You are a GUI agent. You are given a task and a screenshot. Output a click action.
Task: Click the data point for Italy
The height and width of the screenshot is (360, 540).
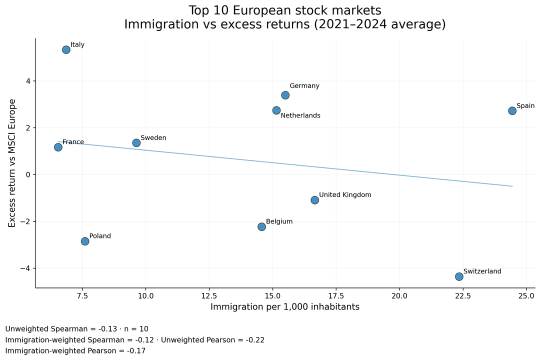[x=66, y=49]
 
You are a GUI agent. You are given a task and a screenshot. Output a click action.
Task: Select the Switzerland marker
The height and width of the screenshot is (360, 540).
[x=459, y=276]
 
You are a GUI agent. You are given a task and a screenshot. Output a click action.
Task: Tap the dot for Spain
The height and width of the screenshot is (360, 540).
[x=512, y=110]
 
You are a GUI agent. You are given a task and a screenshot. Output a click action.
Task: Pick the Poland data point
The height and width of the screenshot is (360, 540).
[x=85, y=241]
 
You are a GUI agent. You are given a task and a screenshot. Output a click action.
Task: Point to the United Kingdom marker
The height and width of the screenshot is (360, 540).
[x=314, y=200]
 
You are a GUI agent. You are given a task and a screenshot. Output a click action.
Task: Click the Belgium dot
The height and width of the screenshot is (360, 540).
[x=261, y=226]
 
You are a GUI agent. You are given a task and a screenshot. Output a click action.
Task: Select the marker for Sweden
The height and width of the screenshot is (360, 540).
[x=136, y=143]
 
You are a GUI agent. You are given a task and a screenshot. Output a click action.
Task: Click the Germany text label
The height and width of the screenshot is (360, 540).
[x=304, y=86]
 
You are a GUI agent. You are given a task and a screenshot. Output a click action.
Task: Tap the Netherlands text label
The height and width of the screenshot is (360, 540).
[x=300, y=115]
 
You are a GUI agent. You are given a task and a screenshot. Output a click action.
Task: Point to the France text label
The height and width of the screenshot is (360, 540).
[x=73, y=142]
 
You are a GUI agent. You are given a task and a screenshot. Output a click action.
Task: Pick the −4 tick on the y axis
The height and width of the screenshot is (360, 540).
[x=24, y=268]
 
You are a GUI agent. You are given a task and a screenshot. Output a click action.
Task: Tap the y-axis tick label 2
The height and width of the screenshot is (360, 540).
[x=28, y=127]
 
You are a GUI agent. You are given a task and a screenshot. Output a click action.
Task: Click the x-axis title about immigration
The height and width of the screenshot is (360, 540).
[x=285, y=307]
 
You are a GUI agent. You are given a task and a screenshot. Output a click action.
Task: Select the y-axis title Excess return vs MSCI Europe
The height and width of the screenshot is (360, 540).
[x=12, y=163]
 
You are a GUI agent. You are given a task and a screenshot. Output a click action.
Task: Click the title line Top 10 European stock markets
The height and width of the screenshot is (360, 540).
[x=285, y=10]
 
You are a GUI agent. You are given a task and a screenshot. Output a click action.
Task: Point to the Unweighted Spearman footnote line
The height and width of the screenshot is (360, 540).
[x=76, y=329]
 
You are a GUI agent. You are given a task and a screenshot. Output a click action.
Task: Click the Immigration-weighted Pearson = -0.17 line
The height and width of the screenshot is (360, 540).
[x=75, y=351]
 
